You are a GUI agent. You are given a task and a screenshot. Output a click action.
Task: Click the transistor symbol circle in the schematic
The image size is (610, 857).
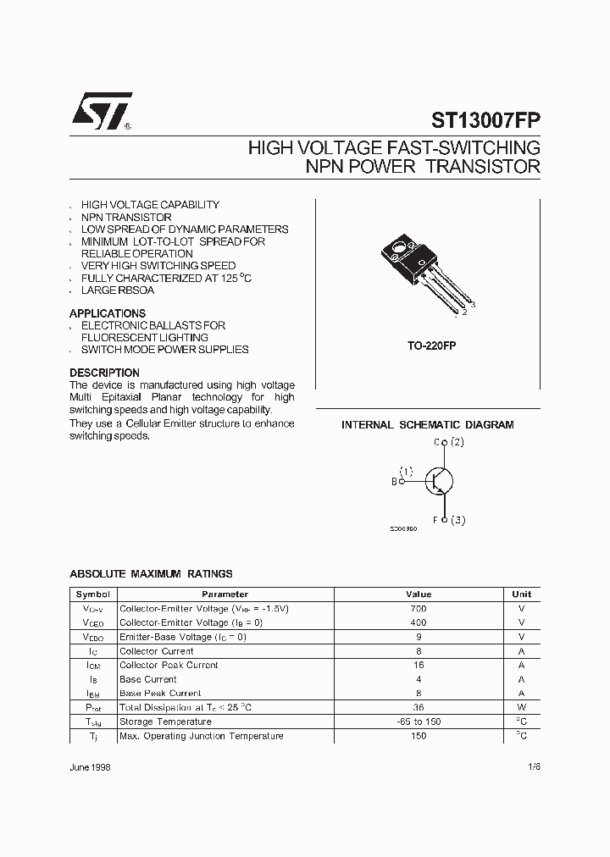pyautogui.click(x=438, y=481)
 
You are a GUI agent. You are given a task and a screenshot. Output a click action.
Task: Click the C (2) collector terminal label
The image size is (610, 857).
pyautogui.click(x=449, y=442)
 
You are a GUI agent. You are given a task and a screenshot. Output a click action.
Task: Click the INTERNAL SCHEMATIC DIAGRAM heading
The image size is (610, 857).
pyautogui.click(x=427, y=425)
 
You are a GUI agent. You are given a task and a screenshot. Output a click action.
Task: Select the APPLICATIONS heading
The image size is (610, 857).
pyautogui.click(x=108, y=313)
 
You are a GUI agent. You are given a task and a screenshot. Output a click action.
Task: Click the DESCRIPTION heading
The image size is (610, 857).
pyautogui.click(x=104, y=373)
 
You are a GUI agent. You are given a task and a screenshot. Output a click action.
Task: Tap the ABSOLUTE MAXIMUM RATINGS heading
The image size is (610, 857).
pyautogui.click(x=151, y=574)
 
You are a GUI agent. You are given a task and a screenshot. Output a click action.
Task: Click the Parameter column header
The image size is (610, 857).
pyautogui.click(x=225, y=594)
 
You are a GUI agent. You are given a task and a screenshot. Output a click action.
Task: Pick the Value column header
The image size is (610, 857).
pyautogui.click(x=419, y=594)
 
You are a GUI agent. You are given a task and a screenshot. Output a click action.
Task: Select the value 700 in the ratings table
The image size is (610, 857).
pyautogui.click(x=419, y=609)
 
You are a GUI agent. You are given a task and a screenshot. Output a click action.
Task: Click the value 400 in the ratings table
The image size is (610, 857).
pyautogui.click(x=419, y=622)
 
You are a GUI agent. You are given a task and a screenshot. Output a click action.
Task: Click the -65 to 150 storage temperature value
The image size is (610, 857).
pyautogui.click(x=419, y=722)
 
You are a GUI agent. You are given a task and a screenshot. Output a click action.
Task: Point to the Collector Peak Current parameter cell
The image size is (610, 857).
pyautogui.click(x=169, y=665)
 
